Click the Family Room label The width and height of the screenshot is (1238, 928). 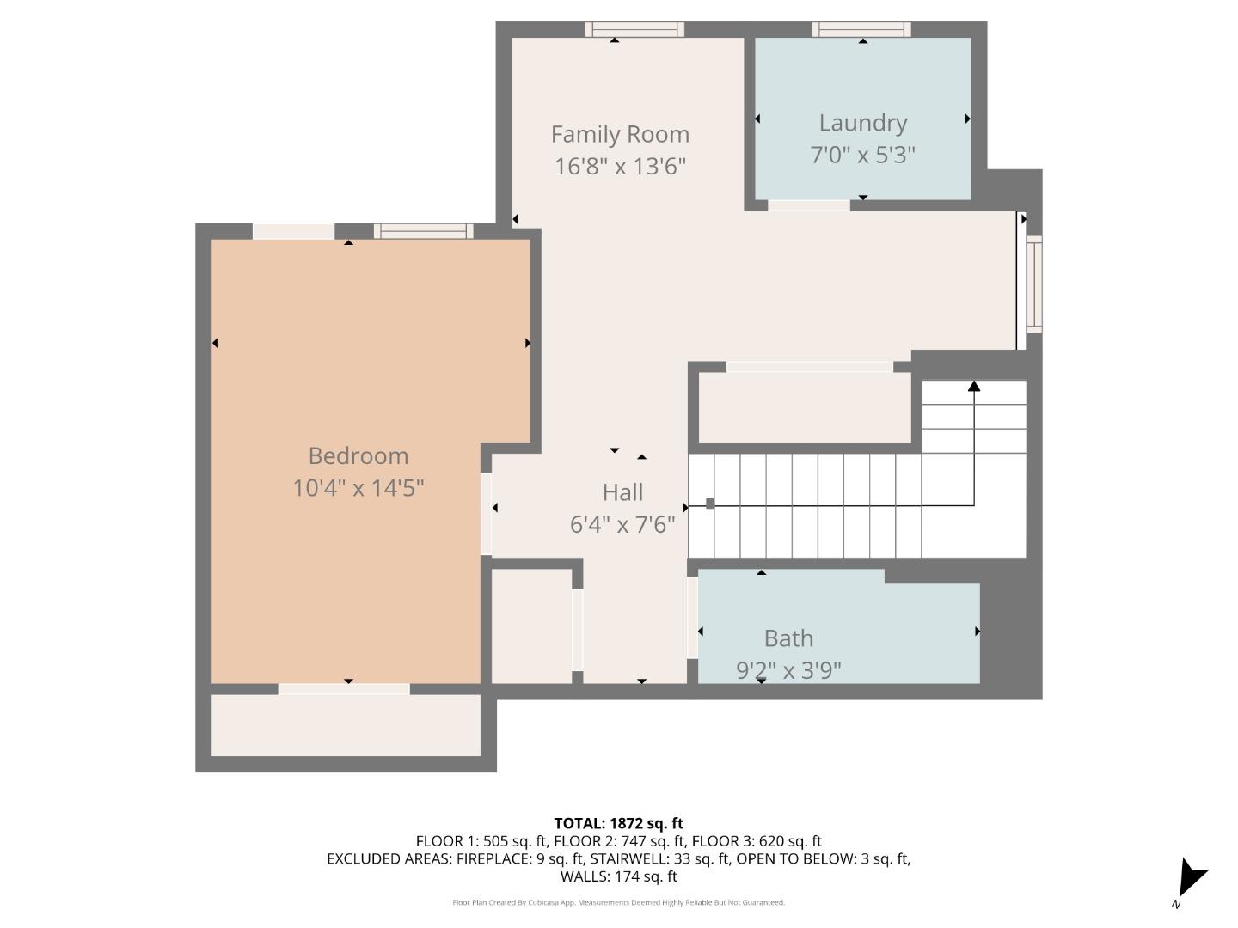620,135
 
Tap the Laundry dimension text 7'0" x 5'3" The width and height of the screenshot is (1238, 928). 862,156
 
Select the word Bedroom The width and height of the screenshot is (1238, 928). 359,456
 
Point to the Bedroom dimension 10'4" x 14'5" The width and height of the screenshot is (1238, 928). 359,488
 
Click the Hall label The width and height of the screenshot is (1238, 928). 622,492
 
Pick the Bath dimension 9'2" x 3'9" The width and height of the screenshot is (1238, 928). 788,669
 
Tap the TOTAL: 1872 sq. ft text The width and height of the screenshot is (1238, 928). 619,823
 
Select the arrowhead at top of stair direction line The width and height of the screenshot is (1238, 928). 974,387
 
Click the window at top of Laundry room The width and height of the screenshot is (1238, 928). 861,30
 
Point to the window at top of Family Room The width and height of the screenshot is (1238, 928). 634,30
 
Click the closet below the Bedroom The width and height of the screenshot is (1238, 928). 346,725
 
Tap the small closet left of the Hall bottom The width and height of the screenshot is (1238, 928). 531,626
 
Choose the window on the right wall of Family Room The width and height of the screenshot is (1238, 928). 1033,284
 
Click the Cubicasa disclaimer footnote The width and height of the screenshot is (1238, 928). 619,902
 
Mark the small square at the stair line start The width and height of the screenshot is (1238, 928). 710,504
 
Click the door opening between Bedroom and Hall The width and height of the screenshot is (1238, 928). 487,513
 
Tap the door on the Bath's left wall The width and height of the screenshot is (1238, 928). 692,618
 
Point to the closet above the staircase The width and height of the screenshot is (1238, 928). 804,407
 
